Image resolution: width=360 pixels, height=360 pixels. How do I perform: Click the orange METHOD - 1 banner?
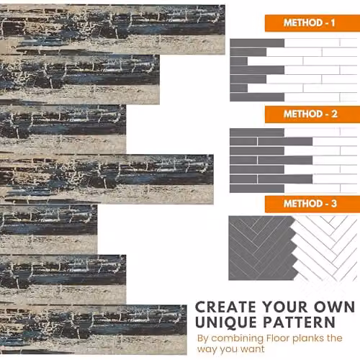(x=312, y=23)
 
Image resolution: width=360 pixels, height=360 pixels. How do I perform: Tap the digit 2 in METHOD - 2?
(x=334, y=114)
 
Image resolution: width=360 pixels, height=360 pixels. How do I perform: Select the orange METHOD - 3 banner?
(x=312, y=204)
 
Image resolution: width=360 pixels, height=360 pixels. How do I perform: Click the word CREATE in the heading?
(x=225, y=307)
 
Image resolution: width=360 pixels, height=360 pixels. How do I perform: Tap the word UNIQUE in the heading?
(x=226, y=323)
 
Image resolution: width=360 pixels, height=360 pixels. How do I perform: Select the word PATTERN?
(x=300, y=322)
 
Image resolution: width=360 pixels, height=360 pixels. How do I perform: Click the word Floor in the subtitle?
(x=278, y=338)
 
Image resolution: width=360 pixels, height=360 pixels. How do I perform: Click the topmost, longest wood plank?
(x=112, y=30)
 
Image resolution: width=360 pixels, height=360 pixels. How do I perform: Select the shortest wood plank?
(x=48, y=229)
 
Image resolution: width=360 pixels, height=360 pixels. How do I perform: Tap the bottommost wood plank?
(x=94, y=329)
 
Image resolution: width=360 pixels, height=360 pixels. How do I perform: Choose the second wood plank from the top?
(x=80, y=79)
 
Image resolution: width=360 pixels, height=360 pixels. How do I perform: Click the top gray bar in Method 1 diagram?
(x=257, y=43)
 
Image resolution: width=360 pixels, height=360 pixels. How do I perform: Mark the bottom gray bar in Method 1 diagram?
(x=257, y=97)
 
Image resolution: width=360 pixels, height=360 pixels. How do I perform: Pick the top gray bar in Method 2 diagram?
(x=257, y=132)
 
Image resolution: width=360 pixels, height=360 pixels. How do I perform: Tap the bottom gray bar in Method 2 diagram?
(x=257, y=189)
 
